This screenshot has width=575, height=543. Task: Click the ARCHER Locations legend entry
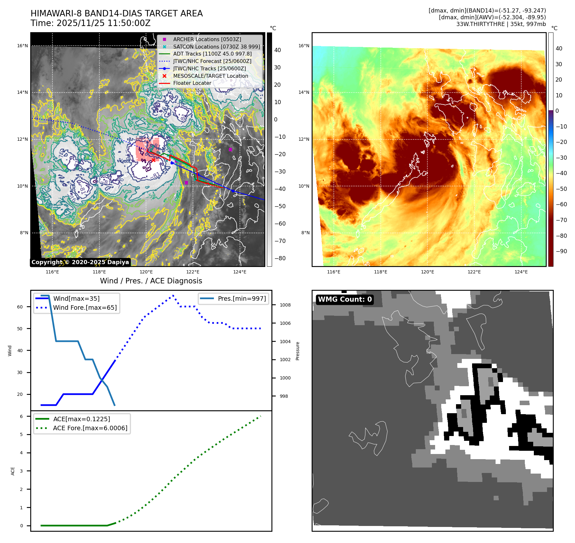click(x=207, y=39)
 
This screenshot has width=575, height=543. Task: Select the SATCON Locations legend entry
click(x=216, y=47)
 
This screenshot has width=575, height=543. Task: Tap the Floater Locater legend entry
click(x=192, y=83)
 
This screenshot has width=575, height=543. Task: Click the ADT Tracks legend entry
click(x=212, y=54)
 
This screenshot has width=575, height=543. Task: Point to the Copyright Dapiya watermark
click(x=80, y=262)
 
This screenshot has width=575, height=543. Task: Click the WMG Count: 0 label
click(x=345, y=299)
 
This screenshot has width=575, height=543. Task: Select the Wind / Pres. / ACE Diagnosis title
click(x=151, y=281)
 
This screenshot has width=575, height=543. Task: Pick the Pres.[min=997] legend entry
click(x=242, y=298)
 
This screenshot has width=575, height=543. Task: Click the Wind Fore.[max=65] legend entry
click(x=85, y=307)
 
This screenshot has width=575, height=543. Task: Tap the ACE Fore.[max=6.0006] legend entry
click(x=90, y=428)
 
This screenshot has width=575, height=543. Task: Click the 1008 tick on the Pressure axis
click(x=285, y=305)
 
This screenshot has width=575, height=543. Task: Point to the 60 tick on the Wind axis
click(x=20, y=307)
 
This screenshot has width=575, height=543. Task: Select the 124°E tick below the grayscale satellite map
click(x=240, y=272)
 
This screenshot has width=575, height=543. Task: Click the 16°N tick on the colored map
click(x=304, y=46)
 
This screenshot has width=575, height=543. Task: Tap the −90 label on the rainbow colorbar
click(x=561, y=251)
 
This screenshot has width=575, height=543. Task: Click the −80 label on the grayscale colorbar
click(x=280, y=258)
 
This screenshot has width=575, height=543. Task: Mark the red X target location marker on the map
click(x=153, y=160)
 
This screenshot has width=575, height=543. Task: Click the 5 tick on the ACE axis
click(x=22, y=434)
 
